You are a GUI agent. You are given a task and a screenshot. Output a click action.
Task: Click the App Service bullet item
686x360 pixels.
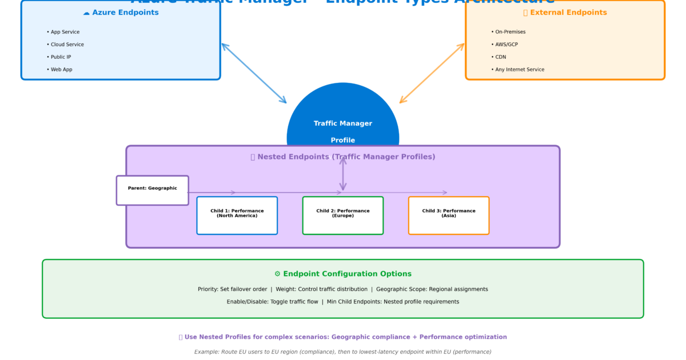click(x=63, y=32)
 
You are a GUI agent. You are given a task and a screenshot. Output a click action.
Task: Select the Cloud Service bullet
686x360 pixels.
click(x=65, y=45)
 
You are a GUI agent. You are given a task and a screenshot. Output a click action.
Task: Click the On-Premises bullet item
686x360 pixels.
click(x=508, y=32)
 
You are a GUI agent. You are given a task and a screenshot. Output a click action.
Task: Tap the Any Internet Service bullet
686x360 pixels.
click(x=517, y=70)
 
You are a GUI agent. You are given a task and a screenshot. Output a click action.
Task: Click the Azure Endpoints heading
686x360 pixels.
click(x=121, y=13)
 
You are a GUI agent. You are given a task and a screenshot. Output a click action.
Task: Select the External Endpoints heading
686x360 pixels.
click(x=565, y=13)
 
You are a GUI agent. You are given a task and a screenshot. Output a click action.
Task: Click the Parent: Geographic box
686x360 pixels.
click(x=153, y=190)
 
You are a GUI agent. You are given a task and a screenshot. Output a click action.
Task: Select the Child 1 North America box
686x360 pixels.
click(x=237, y=215)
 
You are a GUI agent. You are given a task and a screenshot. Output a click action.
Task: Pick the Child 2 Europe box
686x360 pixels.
click(x=343, y=215)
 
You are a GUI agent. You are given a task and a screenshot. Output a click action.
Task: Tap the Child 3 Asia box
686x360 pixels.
click(x=449, y=215)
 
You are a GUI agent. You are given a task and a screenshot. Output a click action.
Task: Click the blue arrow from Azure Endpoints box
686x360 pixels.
click(x=254, y=73)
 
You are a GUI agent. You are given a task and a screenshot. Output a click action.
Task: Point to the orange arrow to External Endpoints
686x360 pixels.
click(x=432, y=73)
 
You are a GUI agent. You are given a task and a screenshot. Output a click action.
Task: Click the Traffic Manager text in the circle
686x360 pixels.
click(x=343, y=123)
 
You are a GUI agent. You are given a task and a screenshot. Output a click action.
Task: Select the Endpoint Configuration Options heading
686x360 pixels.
click(x=343, y=274)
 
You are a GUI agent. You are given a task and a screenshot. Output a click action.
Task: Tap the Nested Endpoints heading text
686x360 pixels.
click(x=343, y=157)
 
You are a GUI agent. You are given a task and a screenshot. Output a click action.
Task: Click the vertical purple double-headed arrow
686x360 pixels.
click(x=343, y=174)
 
